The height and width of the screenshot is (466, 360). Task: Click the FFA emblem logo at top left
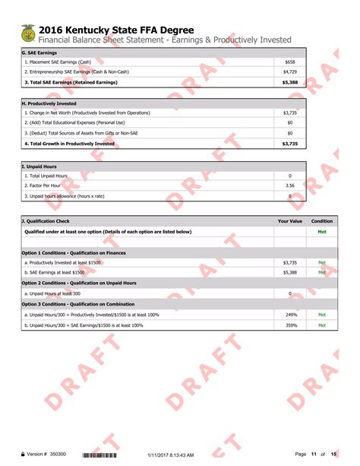coord(28,33)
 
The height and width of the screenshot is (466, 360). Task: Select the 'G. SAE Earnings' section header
coord(39,52)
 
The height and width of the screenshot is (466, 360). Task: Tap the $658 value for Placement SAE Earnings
coord(290,62)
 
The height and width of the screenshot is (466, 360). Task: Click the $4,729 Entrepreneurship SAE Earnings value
coord(290,71)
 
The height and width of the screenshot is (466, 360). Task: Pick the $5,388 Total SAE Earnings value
coord(290,81)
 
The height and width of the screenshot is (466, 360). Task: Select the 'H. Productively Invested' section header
coord(50,103)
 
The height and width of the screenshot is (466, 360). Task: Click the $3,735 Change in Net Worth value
coord(290,113)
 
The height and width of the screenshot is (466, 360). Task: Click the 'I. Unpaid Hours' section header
coord(39,166)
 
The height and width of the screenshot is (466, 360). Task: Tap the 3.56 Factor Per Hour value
coord(290,185)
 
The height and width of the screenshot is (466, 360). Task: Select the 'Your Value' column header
coord(290,221)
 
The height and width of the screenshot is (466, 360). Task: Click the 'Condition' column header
coord(322,221)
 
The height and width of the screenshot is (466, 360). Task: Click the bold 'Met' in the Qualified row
coord(322,232)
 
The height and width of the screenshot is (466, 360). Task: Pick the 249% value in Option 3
coord(290,314)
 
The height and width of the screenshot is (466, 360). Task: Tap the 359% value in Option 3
coord(290,325)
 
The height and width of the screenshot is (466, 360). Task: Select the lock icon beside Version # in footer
coord(23,455)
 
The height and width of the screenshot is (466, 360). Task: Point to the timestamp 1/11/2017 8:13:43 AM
coord(170,455)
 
